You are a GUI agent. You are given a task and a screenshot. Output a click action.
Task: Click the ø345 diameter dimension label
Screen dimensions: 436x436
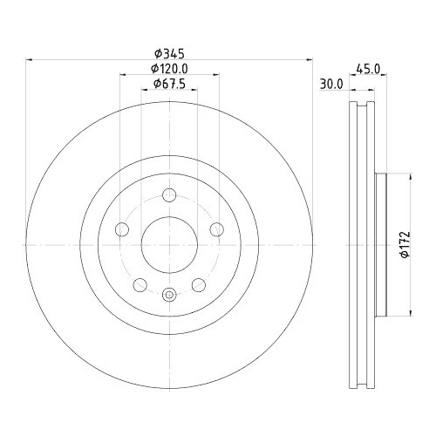tap(169, 52)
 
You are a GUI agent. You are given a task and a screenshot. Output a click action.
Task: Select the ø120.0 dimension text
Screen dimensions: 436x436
tap(169, 68)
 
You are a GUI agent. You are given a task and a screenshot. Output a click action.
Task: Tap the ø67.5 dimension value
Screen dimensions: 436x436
tap(169, 84)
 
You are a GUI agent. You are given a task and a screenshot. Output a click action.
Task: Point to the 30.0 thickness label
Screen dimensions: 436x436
tap(330, 85)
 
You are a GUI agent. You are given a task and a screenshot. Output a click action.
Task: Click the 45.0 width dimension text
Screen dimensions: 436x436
tap(367, 69)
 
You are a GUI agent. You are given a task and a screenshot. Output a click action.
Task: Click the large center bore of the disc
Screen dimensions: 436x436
tap(168, 243)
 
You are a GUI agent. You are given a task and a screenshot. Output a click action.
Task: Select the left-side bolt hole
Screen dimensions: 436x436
tap(123, 229)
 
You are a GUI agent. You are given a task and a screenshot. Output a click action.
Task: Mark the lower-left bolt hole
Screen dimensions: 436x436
tap(140, 284)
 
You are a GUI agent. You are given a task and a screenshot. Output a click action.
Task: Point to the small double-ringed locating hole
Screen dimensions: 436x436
tap(168, 294)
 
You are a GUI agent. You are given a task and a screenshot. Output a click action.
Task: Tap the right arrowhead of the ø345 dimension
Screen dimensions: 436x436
tap(309, 60)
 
